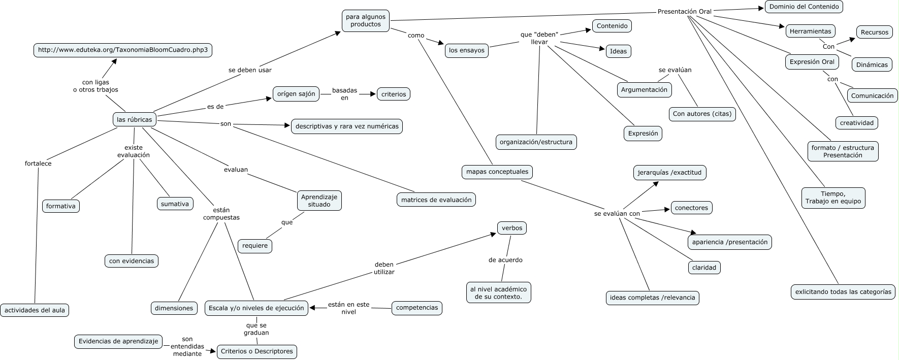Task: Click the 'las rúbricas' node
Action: (134, 119)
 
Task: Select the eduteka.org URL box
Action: (123, 50)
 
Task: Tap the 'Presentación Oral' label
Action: (684, 12)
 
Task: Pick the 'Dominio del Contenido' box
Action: (804, 7)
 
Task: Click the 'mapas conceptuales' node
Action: (497, 172)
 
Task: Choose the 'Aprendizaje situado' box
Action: (319, 201)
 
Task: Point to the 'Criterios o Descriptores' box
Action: (256, 351)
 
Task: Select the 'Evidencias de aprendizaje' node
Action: (118, 341)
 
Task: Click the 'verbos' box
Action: (511, 228)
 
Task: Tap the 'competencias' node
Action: (416, 308)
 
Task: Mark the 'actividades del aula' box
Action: (35, 310)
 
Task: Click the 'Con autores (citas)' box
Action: (702, 114)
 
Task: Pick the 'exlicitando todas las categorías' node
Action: (843, 292)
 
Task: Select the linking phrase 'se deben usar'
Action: (250, 70)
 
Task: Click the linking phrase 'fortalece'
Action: (38, 163)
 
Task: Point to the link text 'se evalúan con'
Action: (617, 214)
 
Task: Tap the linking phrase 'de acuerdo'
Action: (505, 260)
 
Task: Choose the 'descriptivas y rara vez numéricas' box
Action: (347, 126)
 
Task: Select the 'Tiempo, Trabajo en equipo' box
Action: (833, 198)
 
